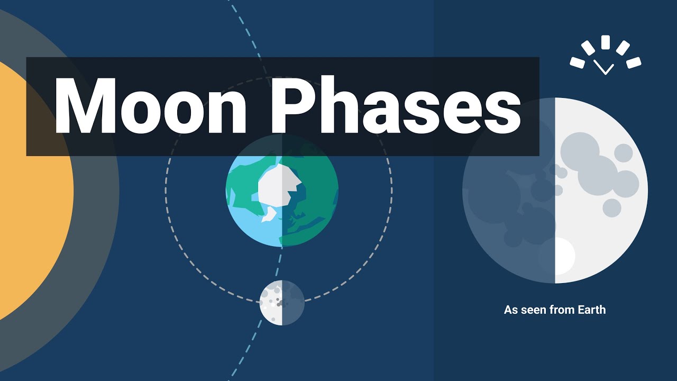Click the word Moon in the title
click(150, 106)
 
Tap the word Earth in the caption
click(589, 310)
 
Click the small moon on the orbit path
click(282, 303)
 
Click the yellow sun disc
click(32, 190)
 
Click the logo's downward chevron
click(604, 67)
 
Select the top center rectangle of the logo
click(606, 42)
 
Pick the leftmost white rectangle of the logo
click(577, 62)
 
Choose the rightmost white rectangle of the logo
click(634, 62)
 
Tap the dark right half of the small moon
click(294, 303)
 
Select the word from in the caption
click(561, 310)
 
